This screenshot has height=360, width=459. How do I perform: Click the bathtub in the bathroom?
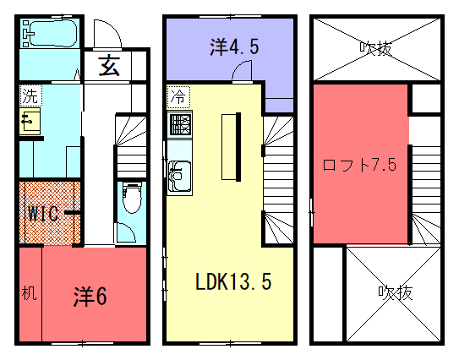click(x=50, y=33)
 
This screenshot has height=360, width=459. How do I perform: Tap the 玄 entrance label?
click(x=109, y=66)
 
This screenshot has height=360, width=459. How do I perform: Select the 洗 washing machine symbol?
click(x=30, y=95)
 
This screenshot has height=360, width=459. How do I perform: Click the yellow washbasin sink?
click(x=30, y=121)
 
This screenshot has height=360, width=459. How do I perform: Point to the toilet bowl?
click(x=132, y=198)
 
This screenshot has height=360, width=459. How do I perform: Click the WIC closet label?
click(x=43, y=213)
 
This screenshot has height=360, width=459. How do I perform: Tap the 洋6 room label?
click(x=90, y=296)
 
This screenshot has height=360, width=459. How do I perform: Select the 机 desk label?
click(x=30, y=292)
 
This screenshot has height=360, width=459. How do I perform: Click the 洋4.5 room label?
click(x=234, y=46)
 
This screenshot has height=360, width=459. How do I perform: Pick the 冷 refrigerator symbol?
click(x=178, y=97)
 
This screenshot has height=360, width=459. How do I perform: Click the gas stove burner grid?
click(x=181, y=124)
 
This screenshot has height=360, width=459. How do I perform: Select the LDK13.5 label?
click(x=233, y=281)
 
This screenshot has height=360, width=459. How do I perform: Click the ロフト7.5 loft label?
click(x=359, y=165)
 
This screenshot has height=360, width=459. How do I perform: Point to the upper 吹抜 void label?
click(x=376, y=48)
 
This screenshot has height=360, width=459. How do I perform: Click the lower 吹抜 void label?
click(x=396, y=292)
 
